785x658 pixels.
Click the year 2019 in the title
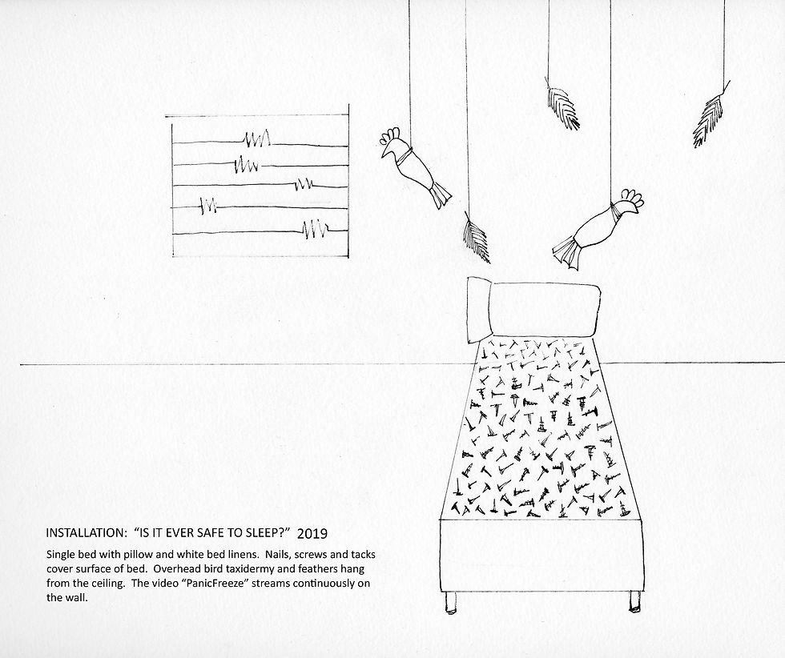click(312, 533)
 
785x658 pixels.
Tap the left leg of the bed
click(450, 602)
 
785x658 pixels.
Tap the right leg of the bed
click(634, 601)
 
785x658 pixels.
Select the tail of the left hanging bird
click(441, 195)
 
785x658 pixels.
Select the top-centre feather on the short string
click(562, 107)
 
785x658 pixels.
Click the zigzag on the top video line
click(257, 138)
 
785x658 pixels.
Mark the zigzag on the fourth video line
click(207, 205)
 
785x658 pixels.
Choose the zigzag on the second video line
click(247, 163)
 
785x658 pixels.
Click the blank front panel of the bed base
click(541, 556)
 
